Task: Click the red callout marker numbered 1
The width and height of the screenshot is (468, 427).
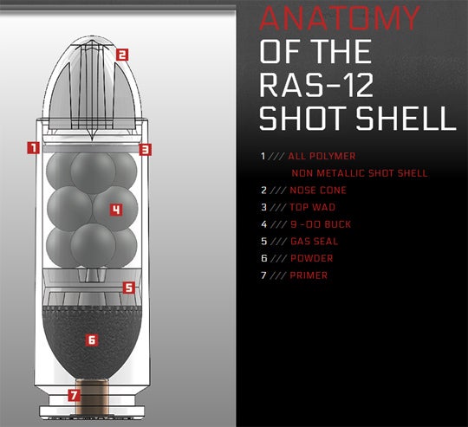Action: point(33,147)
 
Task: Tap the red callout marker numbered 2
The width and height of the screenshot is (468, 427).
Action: point(122,54)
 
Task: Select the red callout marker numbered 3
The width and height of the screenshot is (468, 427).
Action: point(146,149)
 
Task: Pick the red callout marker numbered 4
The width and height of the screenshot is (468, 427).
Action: point(114,209)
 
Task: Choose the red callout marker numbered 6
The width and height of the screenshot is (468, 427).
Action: point(91,340)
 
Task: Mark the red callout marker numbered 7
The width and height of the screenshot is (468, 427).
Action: point(74,396)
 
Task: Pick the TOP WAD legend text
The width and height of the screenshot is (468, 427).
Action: point(311,207)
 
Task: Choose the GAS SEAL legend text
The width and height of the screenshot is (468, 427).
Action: point(313,242)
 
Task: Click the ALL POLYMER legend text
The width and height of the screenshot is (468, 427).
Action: point(322,156)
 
